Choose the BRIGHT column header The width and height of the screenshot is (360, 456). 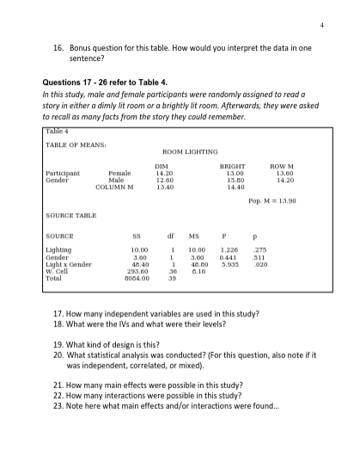(x=232, y=166)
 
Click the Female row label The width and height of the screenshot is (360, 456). (x=119, y=173)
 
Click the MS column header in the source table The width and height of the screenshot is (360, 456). (x=195, y=234)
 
